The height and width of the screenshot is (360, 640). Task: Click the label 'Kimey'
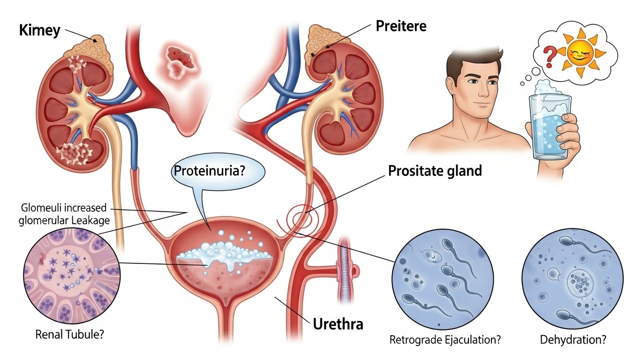coord(40,31)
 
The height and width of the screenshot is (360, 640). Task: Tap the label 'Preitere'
coord(401,26)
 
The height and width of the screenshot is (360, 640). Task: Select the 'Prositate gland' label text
coord(435,171)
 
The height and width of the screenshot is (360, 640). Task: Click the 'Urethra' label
coord(337,323)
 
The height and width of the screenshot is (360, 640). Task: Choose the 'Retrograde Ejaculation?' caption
coord(445,339)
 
